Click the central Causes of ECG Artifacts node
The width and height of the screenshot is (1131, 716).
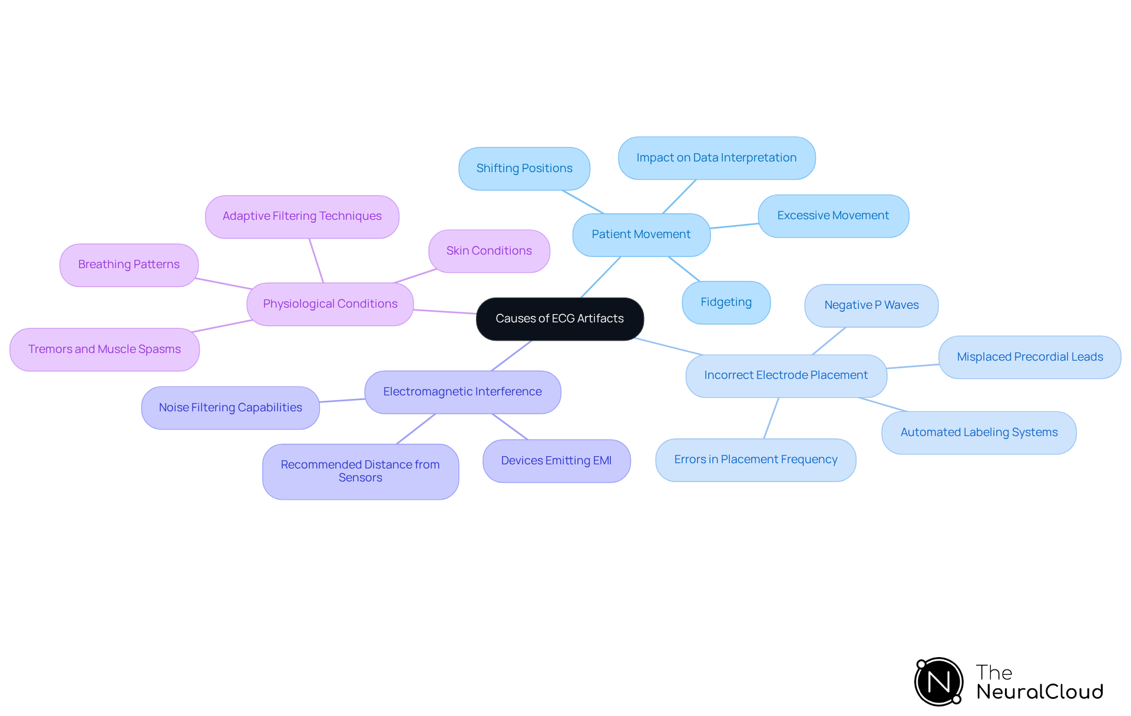coord(560,319)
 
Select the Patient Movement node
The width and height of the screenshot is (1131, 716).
coord(641,235)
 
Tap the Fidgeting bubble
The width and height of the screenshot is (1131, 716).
coord(726,302)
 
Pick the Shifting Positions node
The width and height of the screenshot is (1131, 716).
coord(524,169)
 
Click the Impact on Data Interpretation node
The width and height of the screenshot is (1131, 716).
coord(716,158)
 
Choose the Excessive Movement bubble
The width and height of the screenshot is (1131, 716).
coord(833,216)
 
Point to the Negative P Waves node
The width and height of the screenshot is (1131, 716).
coord(871,305)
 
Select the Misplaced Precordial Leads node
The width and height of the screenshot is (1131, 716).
coord(1030,357)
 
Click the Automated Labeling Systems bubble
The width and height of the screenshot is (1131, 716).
coord(979,433)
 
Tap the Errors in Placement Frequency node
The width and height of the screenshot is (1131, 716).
coord(756,460)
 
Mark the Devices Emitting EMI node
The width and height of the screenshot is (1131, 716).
coord(556,461)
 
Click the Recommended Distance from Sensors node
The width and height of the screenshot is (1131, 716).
coord(361,471)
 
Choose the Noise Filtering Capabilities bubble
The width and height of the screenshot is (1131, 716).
coord(230,408)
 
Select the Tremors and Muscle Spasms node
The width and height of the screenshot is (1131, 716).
coord(104,349)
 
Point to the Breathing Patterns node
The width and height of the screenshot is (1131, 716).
coord(128,265)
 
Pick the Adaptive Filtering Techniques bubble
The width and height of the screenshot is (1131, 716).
coord(302,216)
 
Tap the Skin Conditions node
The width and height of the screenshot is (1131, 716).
coord(489,251)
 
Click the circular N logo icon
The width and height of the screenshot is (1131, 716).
coord(939,682)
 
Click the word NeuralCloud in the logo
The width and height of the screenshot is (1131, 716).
coord(1040,692)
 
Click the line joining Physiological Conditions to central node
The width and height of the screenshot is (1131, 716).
coord(445,312)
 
